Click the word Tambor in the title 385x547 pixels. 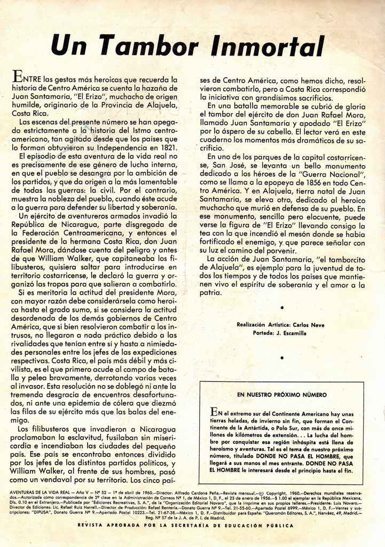click(x=155, y=45)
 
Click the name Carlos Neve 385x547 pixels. click(x=308, y=325)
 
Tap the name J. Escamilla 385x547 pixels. click(x=292, y=333)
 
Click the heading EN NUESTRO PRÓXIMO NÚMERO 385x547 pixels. click(x=281, y=395)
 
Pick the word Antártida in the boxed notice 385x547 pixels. click(x=258, y=429)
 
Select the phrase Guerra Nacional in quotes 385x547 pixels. click(x=332, y=174)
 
